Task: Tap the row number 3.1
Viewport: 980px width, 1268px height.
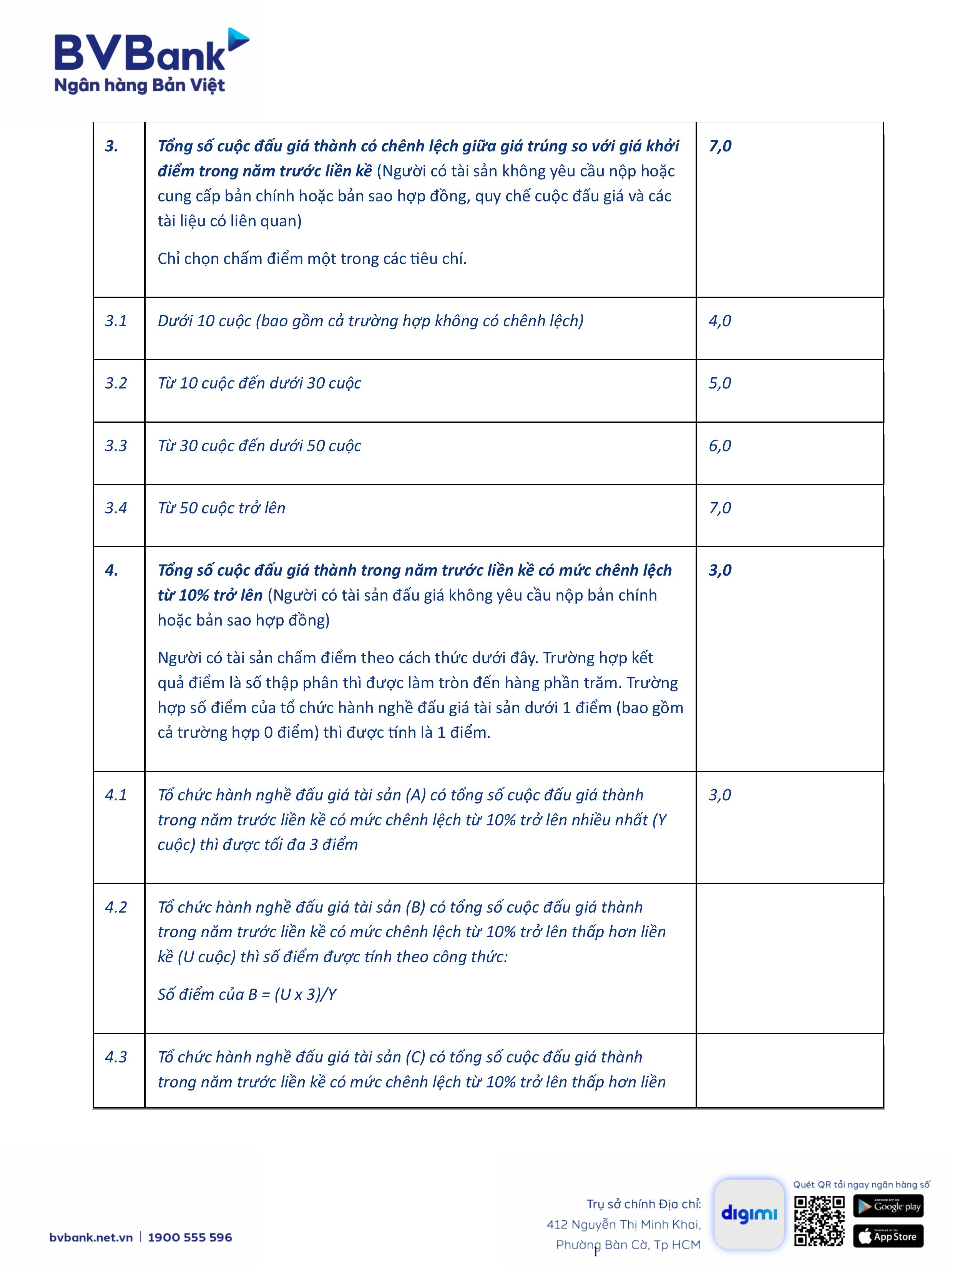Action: tap(116, 321)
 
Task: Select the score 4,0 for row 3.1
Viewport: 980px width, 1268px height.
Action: tap(719, 321)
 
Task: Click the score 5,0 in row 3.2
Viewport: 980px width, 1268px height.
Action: tap(719, 383)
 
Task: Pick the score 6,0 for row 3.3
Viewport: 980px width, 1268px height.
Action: tap(719, 446)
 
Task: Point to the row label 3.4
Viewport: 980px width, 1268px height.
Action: tap(116, 508)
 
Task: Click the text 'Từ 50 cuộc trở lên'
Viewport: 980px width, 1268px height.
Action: tap(221, 508)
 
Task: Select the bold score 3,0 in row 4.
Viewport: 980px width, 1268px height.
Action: tap(719, 570)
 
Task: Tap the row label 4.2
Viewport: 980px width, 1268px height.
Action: tap(116, 907)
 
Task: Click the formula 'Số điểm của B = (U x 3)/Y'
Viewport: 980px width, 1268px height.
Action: tap(247, 994)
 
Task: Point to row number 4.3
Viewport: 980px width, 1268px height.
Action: tap(116, 1057)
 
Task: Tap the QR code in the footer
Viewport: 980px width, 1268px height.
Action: tap(819, 1220)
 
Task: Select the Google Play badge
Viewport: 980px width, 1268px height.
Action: tap(888, 1206)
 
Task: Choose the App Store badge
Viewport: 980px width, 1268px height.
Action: tap(888, 1236)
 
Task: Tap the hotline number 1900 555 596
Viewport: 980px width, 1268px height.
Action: tap(190, 1237)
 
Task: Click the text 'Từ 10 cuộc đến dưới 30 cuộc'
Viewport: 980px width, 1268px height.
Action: tap(259, 383)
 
